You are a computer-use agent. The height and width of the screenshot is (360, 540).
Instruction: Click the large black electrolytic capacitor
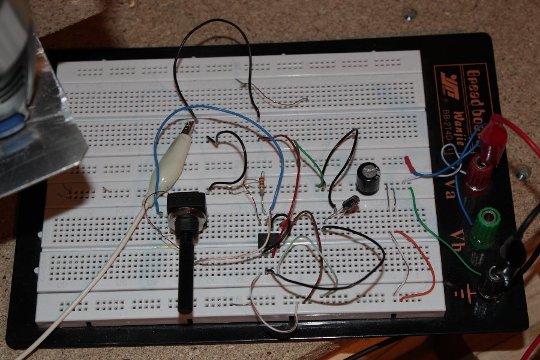point(368,179)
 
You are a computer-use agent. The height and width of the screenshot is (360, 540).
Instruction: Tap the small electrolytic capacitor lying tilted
point(349,203)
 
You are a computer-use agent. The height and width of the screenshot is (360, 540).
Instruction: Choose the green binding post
point(485,227)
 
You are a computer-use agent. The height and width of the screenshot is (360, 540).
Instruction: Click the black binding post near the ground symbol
point(491,282)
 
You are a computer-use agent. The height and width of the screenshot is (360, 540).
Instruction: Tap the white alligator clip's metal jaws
point(188,128)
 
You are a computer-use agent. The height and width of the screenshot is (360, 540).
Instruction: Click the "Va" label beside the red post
point(459,181)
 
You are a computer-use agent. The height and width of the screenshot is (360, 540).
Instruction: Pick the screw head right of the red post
point(522,173)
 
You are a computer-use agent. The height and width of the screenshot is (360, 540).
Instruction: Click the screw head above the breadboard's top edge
point(410,14)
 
